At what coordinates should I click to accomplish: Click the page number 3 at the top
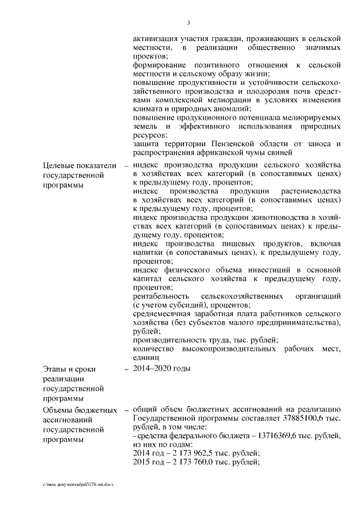pyautogui.click(x=188, y=23)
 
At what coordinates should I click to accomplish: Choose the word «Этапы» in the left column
pyautogui.click(x=55, y=369)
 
